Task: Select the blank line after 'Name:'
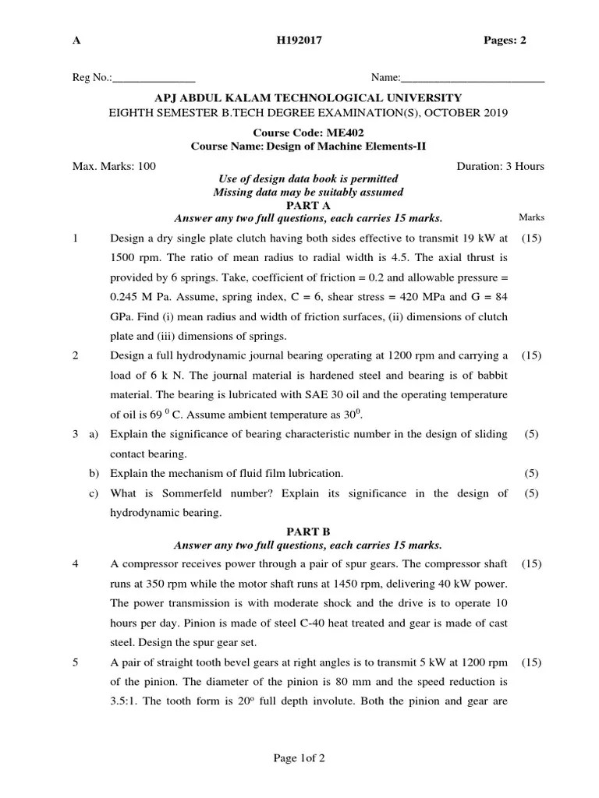pos(472,79)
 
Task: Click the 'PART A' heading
pos(309,205)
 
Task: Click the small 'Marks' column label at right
pos(531,217)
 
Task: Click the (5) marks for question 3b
pos(531,473)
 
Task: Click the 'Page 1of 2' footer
pos(299,757)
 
